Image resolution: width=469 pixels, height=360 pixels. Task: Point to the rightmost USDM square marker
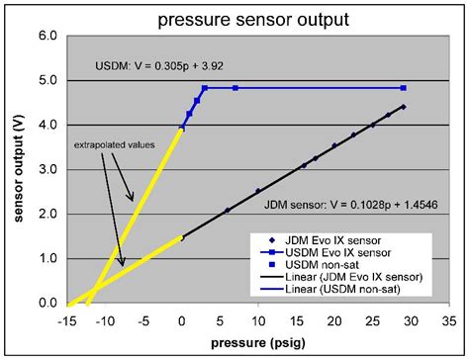(x=404, y=88)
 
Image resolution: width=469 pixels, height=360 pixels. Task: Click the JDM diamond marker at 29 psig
(x=404, y=107)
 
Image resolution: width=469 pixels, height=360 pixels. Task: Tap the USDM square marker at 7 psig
(x=235, y=88)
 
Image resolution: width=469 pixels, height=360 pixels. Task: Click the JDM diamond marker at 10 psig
(x=258, y=191)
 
